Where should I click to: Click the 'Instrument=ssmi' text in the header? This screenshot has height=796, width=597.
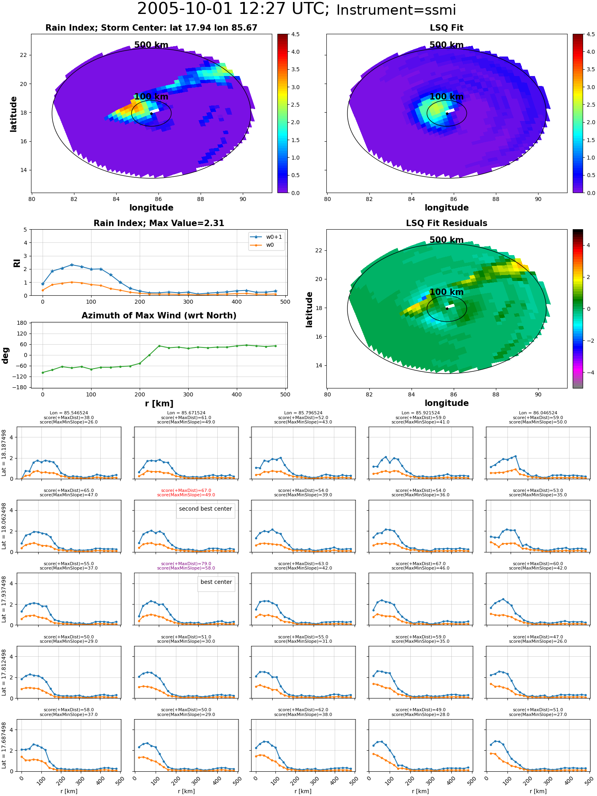point(396,10)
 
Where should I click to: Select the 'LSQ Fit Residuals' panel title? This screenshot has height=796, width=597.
point(447,223)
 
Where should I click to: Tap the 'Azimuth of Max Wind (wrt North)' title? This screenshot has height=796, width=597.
point(159,316)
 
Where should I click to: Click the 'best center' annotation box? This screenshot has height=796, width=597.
point(216,582)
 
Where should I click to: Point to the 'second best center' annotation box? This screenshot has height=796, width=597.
point(205,509)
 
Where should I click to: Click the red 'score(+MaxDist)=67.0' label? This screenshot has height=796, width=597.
point(186,491)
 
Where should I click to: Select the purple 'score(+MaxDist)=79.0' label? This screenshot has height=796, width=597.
point(186,564)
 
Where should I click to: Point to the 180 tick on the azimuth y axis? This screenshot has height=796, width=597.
point(22,323)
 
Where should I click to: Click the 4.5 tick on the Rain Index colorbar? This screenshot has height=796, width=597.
point(585,35)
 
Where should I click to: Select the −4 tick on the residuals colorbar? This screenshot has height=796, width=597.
point(588,373)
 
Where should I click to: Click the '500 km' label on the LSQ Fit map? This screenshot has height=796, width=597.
point(447,45)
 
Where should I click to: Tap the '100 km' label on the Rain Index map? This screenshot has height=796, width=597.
point(151,97)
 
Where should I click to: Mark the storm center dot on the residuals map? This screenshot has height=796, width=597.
point(447,308)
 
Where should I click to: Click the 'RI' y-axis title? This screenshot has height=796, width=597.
point(17,263)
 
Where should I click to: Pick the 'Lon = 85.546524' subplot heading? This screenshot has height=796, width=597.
point(69,413)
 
